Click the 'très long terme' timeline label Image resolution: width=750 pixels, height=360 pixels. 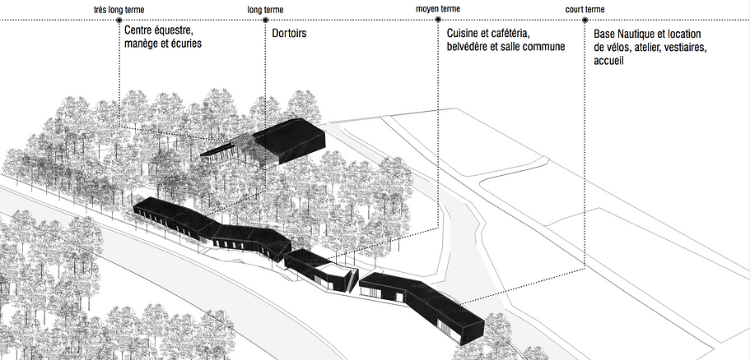119,10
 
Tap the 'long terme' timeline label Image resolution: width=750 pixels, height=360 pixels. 265,10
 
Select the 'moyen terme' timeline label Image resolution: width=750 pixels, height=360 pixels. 438,10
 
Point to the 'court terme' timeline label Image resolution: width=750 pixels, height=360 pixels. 585,10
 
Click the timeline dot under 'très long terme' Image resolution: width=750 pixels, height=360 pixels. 119,20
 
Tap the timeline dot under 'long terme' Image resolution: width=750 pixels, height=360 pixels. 265,20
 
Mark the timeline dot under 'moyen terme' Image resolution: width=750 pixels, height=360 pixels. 438,20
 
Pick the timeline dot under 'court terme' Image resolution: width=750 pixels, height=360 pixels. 585,20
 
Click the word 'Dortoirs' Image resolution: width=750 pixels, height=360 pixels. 290,35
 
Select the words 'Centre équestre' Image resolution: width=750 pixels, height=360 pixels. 159,31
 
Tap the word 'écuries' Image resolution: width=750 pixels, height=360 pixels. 185,44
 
